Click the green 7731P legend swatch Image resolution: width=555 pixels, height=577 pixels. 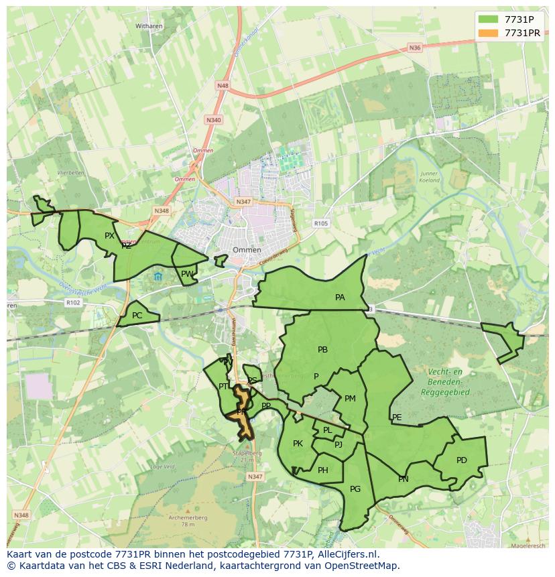click(x=489, y=19)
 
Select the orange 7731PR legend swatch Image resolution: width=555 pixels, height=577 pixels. click(x=489, y=33)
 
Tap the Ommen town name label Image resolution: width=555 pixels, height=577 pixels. click(x=246, y=249)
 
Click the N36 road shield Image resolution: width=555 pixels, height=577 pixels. click(x=415, y=48)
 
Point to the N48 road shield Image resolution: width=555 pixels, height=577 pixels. click(x=223, y=86)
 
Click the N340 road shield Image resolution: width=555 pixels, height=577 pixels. click(x=213, y=120)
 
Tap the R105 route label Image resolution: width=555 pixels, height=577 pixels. click(x=321, y=223)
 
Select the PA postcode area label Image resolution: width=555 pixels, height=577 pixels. click(x=340, y=297)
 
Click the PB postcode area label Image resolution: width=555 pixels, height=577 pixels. click(x=322, y=349)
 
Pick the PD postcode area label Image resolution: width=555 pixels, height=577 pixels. click(x=461, y=460)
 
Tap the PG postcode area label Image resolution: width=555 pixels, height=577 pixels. click(x=355, y=489)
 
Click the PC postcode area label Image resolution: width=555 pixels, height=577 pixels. click(x=137, y=316)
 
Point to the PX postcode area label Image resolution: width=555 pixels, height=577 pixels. click(x=109, y=235)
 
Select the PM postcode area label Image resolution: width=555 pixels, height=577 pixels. click(x=350, y=399)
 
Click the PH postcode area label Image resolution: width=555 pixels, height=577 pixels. click(x=323, y=470)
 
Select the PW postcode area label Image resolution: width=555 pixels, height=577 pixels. click(x=186, y=273)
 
